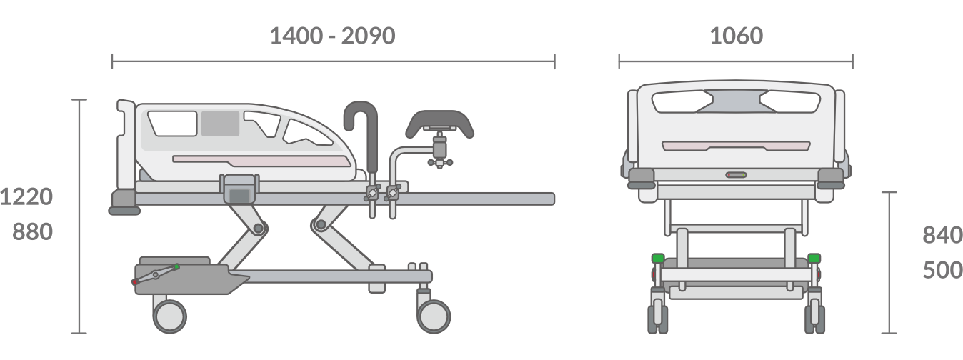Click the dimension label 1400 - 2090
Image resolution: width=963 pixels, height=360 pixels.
tap(332, 36)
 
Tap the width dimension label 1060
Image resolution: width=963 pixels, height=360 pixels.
tap(737, 36)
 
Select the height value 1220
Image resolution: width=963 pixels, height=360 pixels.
tap(26, 196)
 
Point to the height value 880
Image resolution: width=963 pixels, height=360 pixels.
tap(32, 232)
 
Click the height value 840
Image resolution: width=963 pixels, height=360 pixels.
tap(942, 235)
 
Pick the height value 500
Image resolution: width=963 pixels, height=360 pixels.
tap(942, 270)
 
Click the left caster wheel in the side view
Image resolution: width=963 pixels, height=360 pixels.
tap(170, 316)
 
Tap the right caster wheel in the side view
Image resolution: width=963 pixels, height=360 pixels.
tap(434, 316)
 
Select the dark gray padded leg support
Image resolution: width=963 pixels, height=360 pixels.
tap(439, 122)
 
